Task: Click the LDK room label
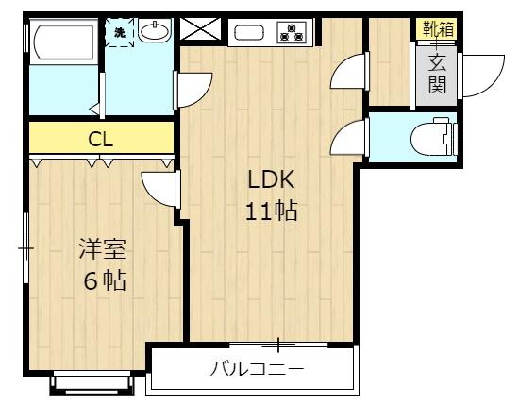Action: click(272, 180)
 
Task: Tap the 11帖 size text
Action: click(272, 212)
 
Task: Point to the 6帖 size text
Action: click(103, 280)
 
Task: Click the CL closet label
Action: click(101, 140)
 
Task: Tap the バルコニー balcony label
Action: click(256, 368)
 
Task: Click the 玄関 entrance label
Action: click(437, 75)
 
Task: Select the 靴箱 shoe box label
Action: click(437, 28)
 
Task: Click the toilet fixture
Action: click(434, 139)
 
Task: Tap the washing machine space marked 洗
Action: click(120, 31)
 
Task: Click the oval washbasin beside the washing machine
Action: click(155, 32)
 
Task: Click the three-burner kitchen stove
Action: click(292, 33)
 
